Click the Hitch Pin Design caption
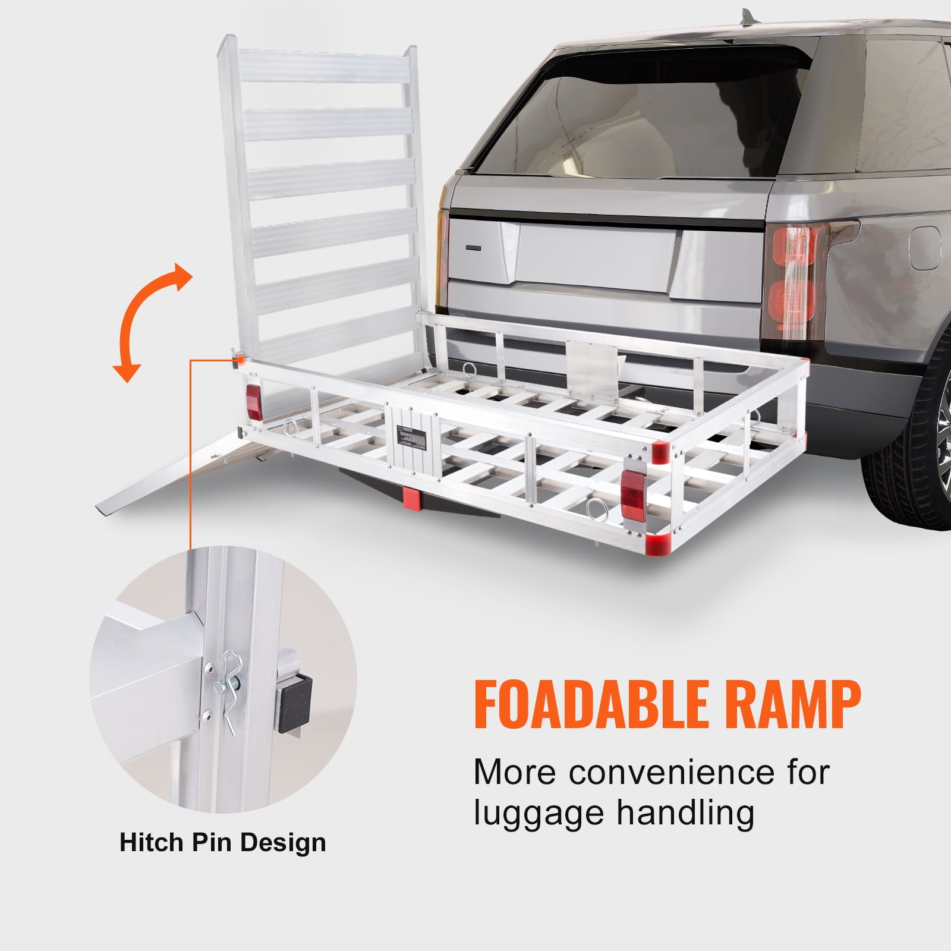[x=223, y=843]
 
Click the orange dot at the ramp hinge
[x=241, y=359]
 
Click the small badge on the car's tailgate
[x=476, y=246]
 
